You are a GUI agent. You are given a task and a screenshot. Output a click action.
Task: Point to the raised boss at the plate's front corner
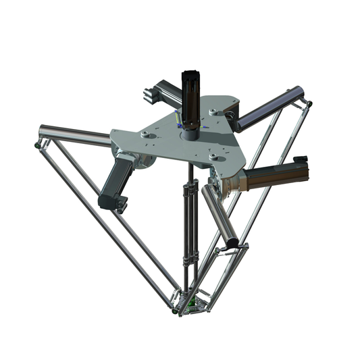coord(215,157)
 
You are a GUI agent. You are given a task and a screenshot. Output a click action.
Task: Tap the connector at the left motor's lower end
coord(118,202)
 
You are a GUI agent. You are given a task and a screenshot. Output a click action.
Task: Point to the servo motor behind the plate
coord(159,91)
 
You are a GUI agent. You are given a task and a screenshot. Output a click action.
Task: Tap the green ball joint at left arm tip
coord(35,145)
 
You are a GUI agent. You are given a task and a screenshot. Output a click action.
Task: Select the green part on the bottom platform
coord(190,303)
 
